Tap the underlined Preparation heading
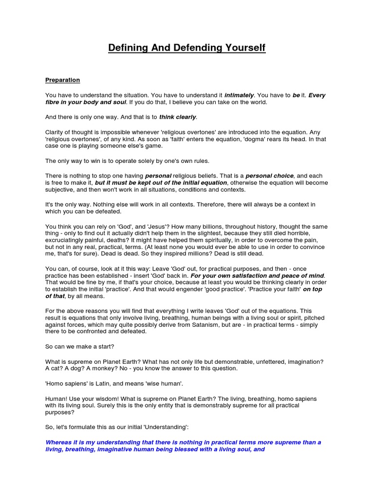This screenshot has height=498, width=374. [x=62, y=80]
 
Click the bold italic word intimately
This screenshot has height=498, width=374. [x=239, y=95]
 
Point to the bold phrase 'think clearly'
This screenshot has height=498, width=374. [x=177, y=117]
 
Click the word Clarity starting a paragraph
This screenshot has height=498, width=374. [x=55, y=132]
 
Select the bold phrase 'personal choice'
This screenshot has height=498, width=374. [x=269, y=176]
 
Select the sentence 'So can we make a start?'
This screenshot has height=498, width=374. [x=79, y=346]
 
